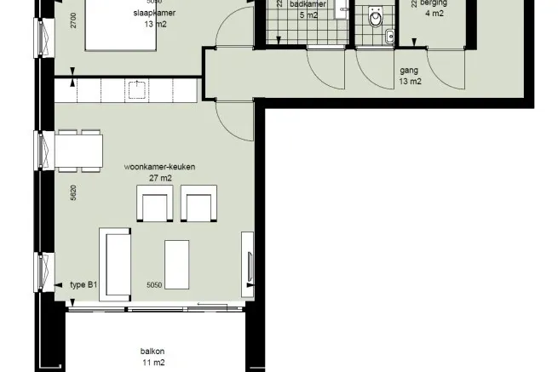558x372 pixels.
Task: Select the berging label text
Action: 436,4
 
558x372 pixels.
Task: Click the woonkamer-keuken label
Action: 160,167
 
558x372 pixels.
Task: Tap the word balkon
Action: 153,352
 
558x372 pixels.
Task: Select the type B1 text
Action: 83,285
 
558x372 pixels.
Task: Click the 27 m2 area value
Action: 159,179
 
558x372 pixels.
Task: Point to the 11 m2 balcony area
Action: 153,363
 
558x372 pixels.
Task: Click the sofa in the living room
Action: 115,264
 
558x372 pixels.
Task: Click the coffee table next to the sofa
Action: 176,264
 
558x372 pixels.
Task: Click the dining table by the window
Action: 79,151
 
